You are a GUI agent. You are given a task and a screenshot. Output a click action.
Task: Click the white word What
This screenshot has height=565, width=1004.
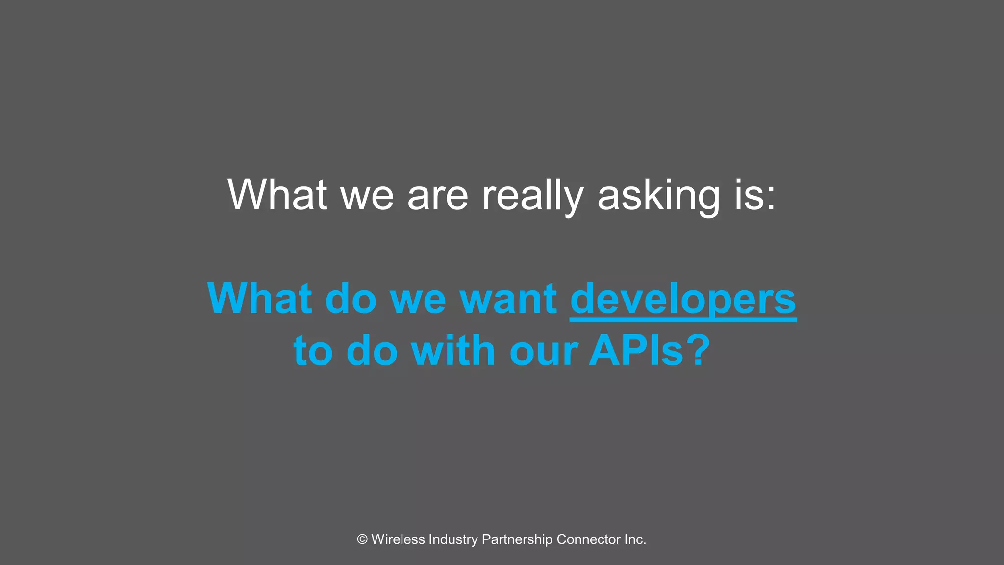click(x=277, y=195)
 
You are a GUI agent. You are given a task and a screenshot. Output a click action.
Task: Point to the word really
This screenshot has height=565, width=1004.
click(x=532, y=196)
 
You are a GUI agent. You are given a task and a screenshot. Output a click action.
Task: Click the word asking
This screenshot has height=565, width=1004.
click(x=659, y=196)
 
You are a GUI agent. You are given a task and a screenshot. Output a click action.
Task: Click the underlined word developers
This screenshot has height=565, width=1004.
click(x=683, y=300)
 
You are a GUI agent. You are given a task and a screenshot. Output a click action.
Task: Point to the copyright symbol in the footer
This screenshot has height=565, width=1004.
click(x=362, y=539)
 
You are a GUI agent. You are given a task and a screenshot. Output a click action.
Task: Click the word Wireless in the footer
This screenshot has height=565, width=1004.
click(x=398, y=539)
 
